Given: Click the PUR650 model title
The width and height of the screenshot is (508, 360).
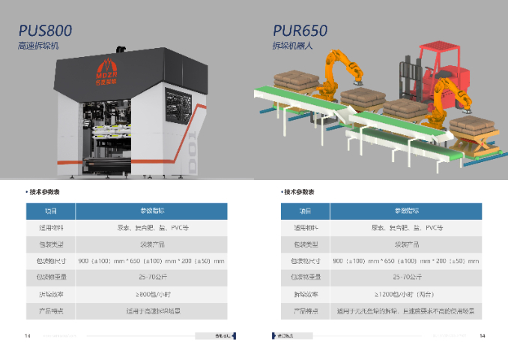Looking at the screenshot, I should tap(300, 31).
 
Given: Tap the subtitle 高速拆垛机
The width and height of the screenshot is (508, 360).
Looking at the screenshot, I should tap(39, 46).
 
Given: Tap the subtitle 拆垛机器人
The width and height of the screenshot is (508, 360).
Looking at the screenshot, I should tap(291, 46).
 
